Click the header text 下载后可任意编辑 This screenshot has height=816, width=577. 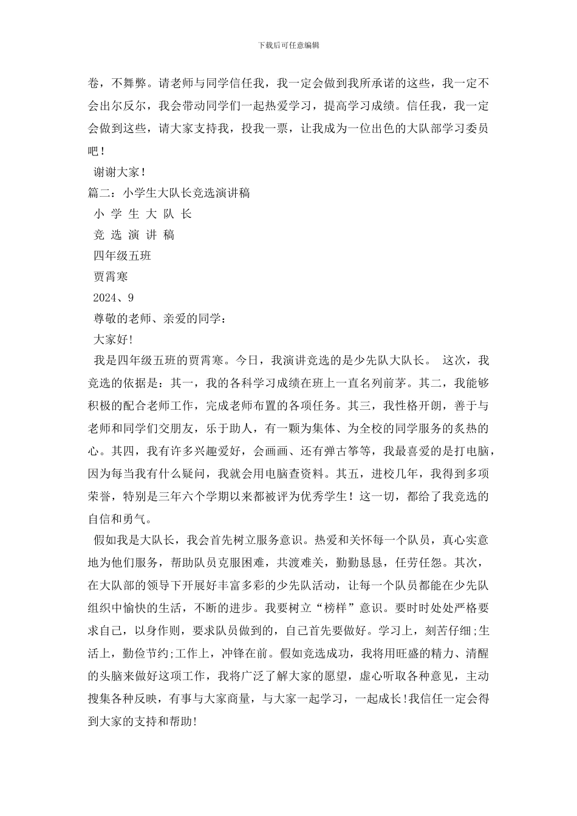pos(288,45)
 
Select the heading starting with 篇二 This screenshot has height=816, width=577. pos(169,193)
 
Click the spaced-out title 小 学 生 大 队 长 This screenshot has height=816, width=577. pos(143,214)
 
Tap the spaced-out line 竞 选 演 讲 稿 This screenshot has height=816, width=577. pos(134,235)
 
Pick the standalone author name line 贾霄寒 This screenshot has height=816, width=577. pos(111,277)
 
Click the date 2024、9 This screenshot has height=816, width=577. pos(114,297)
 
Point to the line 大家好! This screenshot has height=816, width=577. pos(113,339)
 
